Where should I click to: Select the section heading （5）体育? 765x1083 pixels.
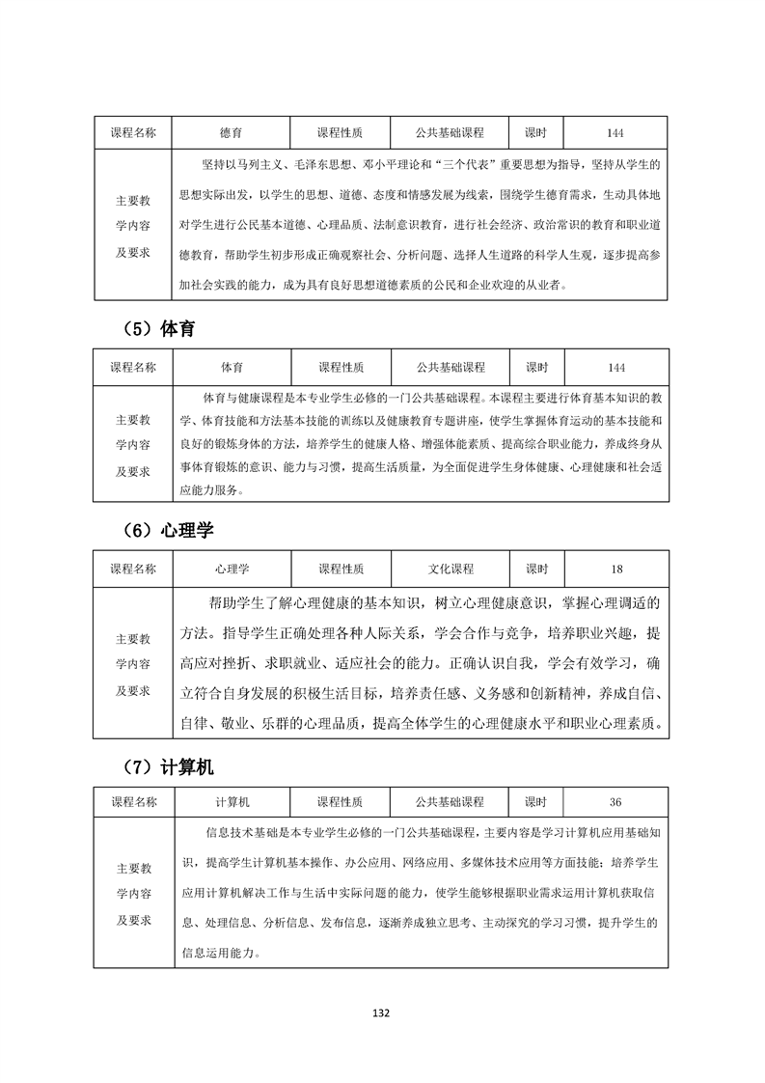(159, 328)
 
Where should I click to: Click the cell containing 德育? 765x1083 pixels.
(232, 133)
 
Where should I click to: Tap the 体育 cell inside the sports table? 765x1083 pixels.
(232, 368)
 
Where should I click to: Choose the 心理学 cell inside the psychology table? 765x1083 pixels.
(232, 569)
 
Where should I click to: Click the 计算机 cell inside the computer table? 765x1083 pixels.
(232, 802)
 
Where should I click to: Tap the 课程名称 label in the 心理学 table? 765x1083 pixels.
(133, 569)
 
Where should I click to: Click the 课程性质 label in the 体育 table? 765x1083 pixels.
(341, 368)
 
